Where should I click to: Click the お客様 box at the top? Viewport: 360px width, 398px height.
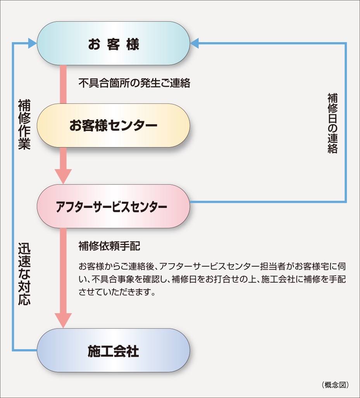(x=113, y=43)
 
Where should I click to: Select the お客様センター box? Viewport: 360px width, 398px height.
(x=113, y=125)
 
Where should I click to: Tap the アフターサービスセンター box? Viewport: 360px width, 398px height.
(x=113, y=206)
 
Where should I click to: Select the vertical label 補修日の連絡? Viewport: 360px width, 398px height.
(x=332, y=123)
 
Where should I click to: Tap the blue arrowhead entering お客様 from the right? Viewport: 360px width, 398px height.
(x=195, y=43)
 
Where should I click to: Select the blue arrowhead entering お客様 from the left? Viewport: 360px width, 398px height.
(x=33, y=43)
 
